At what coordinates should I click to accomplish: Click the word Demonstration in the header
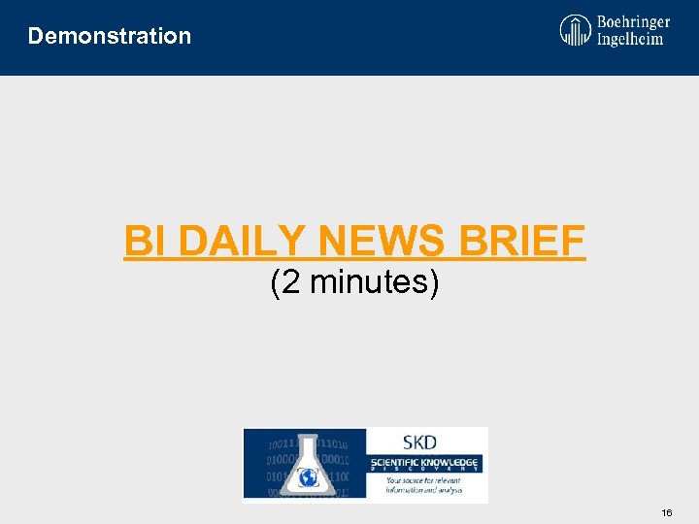[x=110, y=36]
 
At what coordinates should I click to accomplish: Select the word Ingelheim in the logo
[x=631, y=39]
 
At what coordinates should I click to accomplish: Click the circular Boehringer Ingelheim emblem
[x=575, y=30]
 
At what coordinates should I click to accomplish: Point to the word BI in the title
[x=147, y=242]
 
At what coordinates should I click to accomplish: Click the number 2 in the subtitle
[x=288, y=282]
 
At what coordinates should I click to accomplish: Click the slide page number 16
[x=666, y=511]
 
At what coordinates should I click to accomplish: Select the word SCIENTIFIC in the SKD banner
[x=396, y=462]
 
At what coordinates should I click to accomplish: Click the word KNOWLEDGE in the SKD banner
[x=452, y=462]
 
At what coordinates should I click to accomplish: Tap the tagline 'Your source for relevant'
[x=423, y=481]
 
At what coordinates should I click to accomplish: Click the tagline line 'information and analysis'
[x=423, y=490]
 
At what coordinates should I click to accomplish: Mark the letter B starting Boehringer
[x=603, y=21]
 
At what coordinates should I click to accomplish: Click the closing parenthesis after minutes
[x=434, y=282]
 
